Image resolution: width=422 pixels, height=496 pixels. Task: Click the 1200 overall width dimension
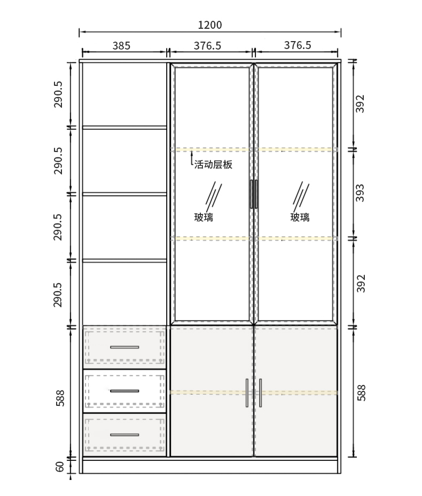210,25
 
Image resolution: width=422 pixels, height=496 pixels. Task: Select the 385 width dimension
121,46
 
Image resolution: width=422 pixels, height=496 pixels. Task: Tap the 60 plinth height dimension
60,467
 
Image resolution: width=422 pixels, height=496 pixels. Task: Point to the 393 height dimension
360,193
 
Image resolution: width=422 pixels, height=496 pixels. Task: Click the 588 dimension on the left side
60,398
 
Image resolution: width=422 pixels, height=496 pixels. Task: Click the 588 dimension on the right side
361,393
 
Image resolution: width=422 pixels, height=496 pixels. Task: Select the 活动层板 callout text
213,164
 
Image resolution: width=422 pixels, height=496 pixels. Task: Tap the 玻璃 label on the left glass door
204,217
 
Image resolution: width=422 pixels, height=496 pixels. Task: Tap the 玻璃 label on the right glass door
300,217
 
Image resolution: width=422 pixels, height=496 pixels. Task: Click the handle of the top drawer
124,347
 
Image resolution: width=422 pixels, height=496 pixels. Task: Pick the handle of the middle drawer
124,391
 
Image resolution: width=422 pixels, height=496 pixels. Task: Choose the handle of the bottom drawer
124,435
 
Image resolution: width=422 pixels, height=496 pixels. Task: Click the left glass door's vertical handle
252,194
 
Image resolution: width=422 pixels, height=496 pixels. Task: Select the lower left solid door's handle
247,393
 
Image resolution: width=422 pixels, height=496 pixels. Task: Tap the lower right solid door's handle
261,393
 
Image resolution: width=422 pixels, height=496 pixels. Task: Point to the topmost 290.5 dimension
58,94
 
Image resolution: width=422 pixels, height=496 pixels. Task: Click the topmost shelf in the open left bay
124,127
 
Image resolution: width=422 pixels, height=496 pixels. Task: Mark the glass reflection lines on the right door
301,196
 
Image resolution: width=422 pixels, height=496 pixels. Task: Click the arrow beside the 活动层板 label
192,158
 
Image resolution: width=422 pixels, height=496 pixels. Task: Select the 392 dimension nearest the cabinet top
360,103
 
